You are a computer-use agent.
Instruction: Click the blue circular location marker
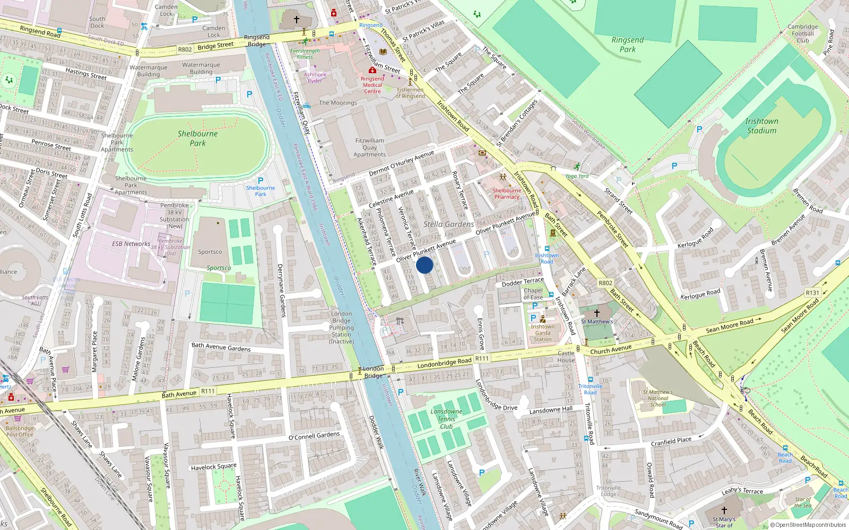pyautogui.click(x=424, y=265)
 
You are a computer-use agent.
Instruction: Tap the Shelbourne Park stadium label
pyautogui.click(x=197, y=138)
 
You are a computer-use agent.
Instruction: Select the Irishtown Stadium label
pyautogui.click(x=761, y=126)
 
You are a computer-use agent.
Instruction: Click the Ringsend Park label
pyautogui.click(x=627, y=45)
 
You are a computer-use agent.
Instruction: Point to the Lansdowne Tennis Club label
pyautogui.click(x=446, y=419)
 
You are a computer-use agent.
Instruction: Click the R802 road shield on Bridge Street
pyautogui.click(x=185, y=49)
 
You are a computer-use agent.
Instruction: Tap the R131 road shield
pyautogui.click(x=812, y=293)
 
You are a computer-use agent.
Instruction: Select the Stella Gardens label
pyautogui.click(x=448, y=224)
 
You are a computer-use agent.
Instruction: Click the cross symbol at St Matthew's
pyautogui.click(x=596, y=313)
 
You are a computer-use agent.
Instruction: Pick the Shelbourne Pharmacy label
pyautogui.click(x=506, y=193)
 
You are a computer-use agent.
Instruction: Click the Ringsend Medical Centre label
pyautogui.click(x=372, y=85)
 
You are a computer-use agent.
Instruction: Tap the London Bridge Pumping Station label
pyautogui.click(x=341, y=328)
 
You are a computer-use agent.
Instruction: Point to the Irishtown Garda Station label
pyautogui.click(x=542, y=333)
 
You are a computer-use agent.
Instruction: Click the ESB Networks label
pyautogui.click(x=131, y=244)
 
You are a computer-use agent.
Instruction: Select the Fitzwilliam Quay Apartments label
pyautogui.click(x=370, y=147)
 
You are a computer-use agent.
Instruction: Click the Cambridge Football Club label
pyautogui.click(x=802, y=33)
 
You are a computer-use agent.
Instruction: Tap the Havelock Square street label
pyautogui.click(x=214, y=467)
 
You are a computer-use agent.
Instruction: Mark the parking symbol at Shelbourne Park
pyautogui.click(x=260, y=180)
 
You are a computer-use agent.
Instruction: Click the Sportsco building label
pyautogui.click(x=210, y=252)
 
